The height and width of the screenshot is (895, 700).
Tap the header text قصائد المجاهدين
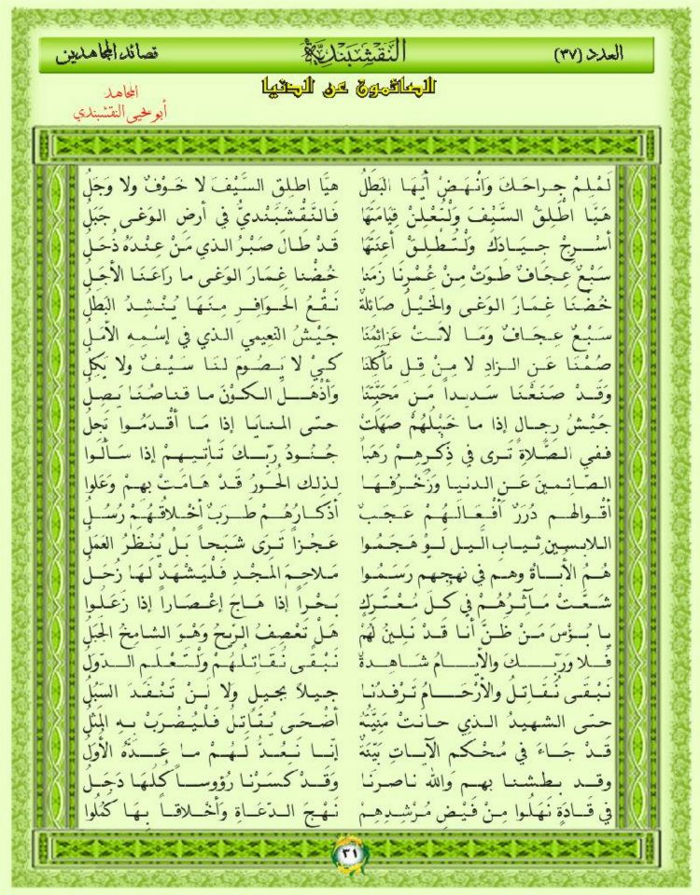coord(106,53)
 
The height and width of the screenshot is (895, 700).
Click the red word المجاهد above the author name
coord(124,96)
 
